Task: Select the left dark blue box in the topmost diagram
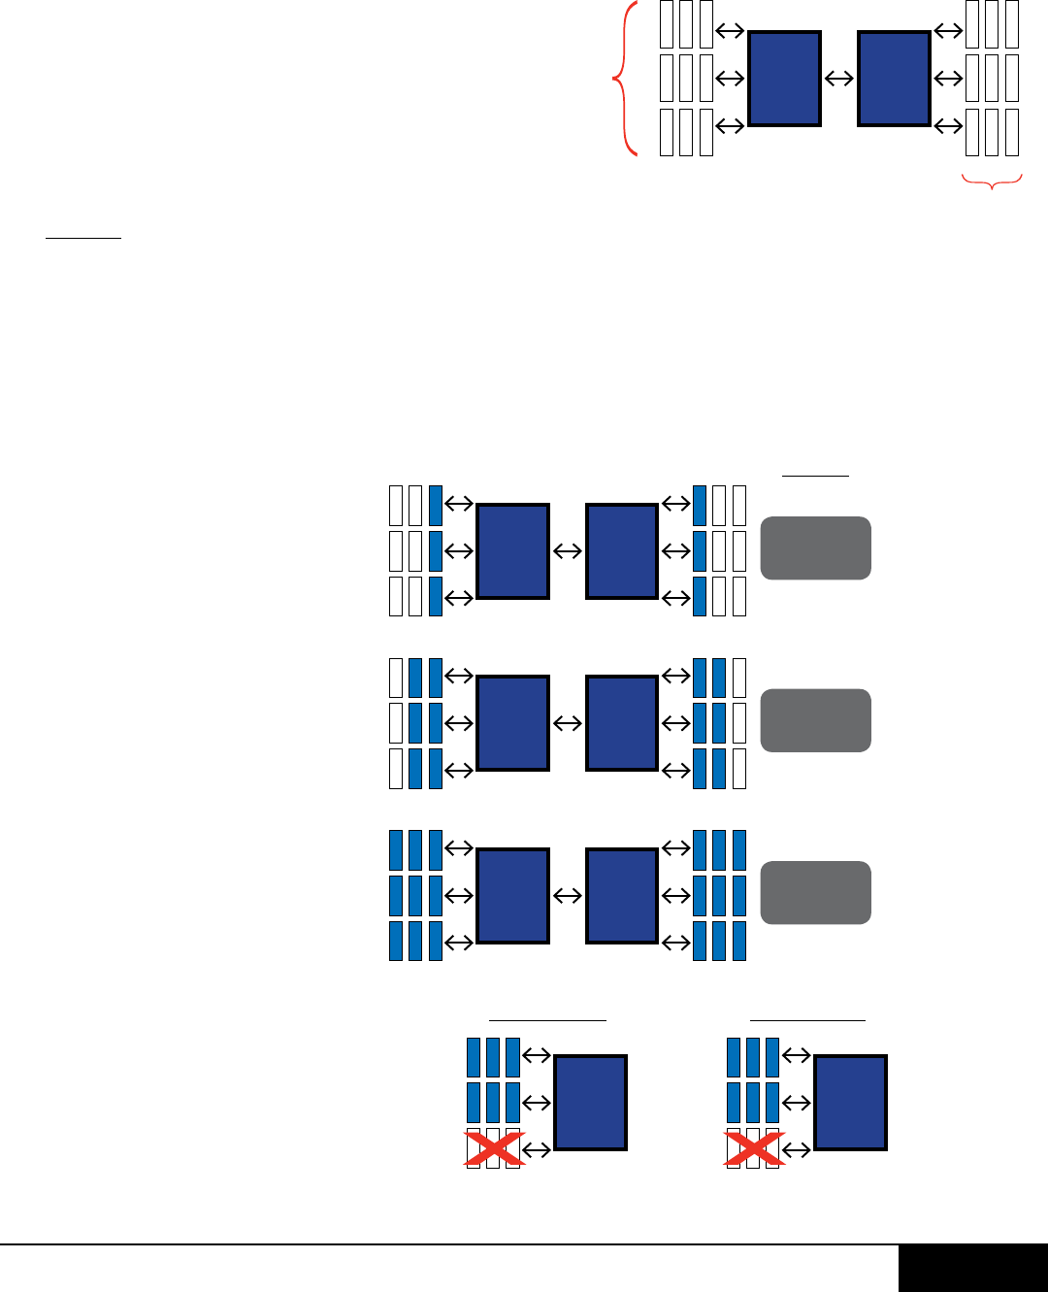tap(785, 79)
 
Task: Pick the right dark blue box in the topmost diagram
tap(895, 79)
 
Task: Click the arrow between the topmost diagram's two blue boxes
tap(839, 79)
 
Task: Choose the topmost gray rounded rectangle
tap(815, 548)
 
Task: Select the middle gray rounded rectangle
tap(815, 720)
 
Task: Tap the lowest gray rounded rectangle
tap(815, 893)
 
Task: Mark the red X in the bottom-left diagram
tap(495, 1149)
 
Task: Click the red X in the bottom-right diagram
tap(755, 1149)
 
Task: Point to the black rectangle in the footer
tap(972, 1269)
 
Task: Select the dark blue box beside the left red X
tap(590, 1103)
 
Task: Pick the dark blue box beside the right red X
tap(850, 1103)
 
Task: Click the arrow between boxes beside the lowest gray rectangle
tap(568, 896)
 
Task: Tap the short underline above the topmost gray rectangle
tap(815, 476)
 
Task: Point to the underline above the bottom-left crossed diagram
tap(547, 1020)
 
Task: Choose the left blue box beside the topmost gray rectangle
tap(513, 551)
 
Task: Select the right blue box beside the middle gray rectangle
tap(622, 723)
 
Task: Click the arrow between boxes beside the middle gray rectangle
tap(568, 723)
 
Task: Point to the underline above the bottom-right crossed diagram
tap(807, 1020)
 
